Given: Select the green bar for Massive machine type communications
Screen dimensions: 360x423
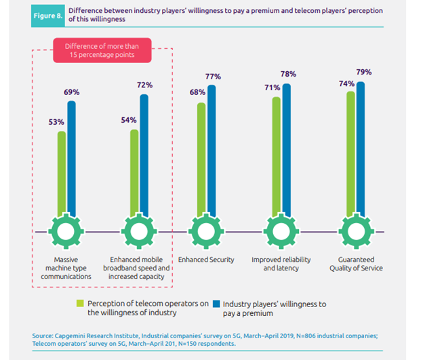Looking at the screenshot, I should (x=62, y=173).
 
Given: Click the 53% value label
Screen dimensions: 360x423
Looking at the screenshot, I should (x=56, y=122).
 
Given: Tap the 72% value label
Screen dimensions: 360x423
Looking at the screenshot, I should (x=144, y=85).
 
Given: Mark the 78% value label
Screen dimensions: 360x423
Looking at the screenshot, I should (x=288, y=74).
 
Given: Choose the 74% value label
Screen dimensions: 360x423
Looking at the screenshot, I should (x=346, y=83).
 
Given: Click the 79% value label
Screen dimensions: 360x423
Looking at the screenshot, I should (x=364, y=72).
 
